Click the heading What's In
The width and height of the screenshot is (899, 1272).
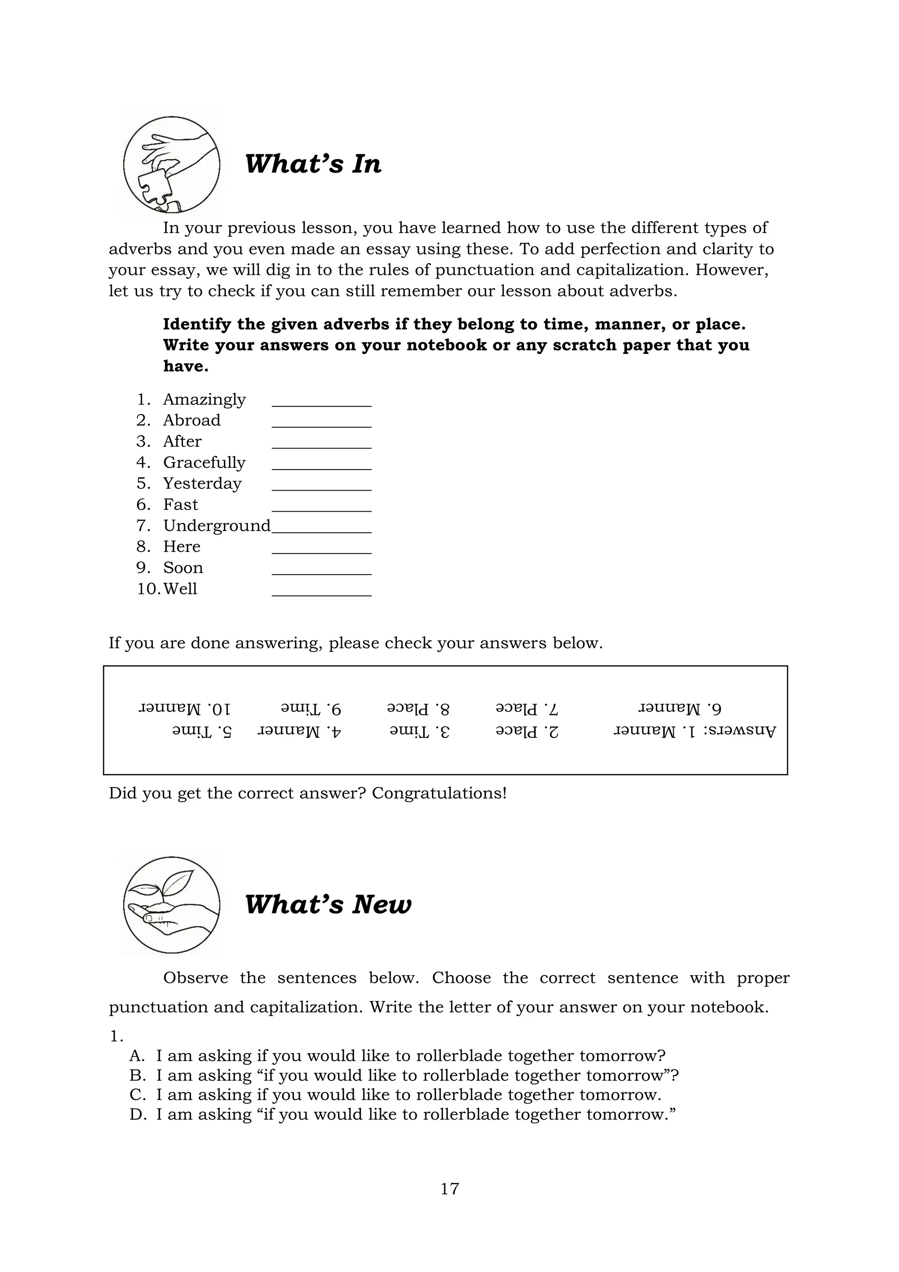[313, 164]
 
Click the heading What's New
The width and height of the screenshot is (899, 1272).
[328, 904]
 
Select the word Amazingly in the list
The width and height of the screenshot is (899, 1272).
[204, 399]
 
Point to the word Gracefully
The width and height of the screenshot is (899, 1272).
[204, 462]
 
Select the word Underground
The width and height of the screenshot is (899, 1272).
[216, 525]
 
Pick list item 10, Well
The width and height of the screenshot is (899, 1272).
[180, 589]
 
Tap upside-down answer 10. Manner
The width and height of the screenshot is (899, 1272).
[185, 708]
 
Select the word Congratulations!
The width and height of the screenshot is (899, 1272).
[439, 793]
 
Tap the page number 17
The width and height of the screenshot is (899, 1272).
[449, 1189]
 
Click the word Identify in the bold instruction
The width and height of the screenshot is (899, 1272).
[197, 324]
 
